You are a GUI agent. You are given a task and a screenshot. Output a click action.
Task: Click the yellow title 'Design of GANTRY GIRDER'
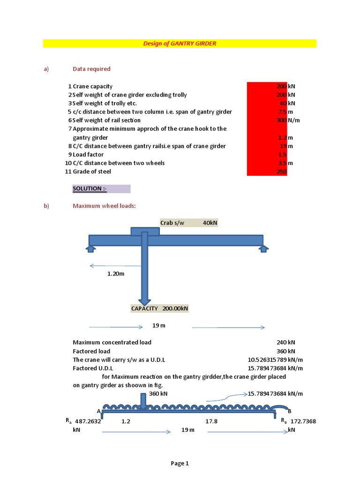pyautogui.click(x=180, y=44)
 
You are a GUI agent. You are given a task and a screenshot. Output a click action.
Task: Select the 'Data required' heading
pyautogui.click(x=91, y=69)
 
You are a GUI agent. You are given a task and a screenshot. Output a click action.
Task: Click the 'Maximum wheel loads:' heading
pyautogui.click(x=104, y=206)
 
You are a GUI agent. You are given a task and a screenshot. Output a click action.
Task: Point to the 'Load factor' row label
pyautogui.click(x=88, y=155)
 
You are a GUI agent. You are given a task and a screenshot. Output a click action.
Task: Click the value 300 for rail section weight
pyautogui.click(x=282, y=120)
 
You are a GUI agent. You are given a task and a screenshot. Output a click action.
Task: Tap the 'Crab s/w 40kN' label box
pyautogui.click(x=188, y=223)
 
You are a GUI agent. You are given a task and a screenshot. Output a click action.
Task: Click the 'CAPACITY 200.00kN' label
pyautogui.click(x=159, y=308)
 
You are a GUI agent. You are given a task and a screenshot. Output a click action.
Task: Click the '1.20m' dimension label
pyautogui.click(x=116, y=274)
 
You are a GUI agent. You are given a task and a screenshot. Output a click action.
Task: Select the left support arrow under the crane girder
pyautogui.click(x=90, y=248)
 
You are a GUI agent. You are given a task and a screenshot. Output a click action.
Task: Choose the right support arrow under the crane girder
pyautogui.click(x=263, y=248)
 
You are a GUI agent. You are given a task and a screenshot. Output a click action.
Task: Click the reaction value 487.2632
pyautogui.click(x=88, y=421)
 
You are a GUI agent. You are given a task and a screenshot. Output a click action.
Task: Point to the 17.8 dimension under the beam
pyautogui.click(x=211, y=421)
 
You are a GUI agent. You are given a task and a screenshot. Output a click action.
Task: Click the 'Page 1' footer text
pyautogui.click(x=180, y=464)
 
